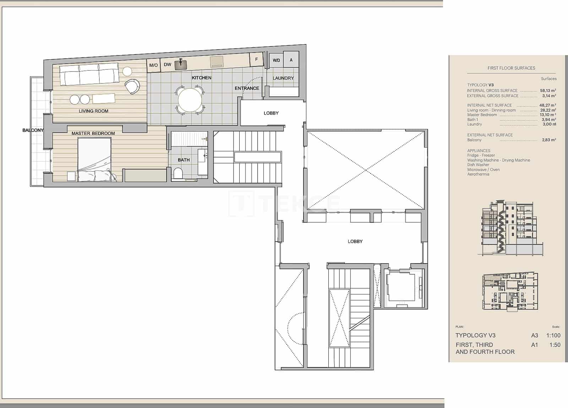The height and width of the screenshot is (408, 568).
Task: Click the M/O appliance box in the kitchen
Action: (x=153, y=65)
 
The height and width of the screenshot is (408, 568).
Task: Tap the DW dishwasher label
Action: (x=168, y=65)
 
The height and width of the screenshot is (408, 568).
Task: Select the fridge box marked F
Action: (x=256, y=59)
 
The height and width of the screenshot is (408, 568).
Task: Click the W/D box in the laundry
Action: (x=276, y=60)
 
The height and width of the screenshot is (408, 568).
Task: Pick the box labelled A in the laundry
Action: (x=291, y=60)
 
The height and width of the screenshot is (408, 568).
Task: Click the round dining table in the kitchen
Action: (x=190, y=100)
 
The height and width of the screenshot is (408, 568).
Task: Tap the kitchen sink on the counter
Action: (x=181, y=64)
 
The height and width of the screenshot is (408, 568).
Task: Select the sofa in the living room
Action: (x=89, y=74)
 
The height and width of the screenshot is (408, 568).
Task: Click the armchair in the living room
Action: (x=132, y=86)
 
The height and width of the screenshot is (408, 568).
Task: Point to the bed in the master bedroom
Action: (x=94, y=160)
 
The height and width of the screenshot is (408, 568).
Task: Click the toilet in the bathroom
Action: (x=178, y=173)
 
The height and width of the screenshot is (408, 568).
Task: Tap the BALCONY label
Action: (x=33, y=130)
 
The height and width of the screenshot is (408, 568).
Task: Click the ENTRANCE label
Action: (x=247, y=88)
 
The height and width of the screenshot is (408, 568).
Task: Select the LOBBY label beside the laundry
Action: (x=271, y=113)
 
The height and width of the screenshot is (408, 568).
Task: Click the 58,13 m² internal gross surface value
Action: (x=548, y=91)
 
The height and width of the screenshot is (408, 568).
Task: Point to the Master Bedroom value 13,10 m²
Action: (x=548, y=115)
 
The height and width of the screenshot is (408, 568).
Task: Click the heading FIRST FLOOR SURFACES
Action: (x=511, y=68)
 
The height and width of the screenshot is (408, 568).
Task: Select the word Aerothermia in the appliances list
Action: (x=478, y=174)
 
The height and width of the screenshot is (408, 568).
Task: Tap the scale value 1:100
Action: (x=553, y=335)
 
